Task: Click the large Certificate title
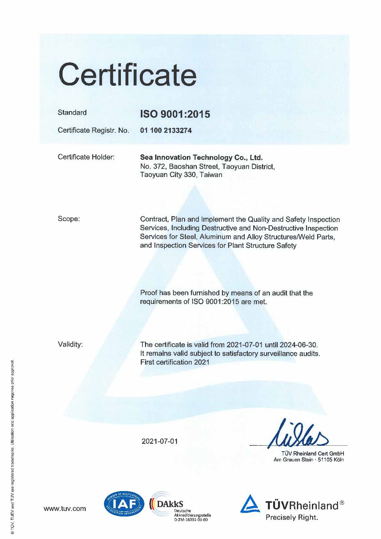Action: tap(127, 74)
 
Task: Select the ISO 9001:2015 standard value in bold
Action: tap(175, 114)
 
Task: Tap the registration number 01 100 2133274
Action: tap(166, 131)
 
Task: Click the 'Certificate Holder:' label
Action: tap(86, 157)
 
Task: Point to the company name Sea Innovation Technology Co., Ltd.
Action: tap(201, 158)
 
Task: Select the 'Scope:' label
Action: tap(68, 219)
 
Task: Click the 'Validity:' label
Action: tap(70, 344)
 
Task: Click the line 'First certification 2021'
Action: tap(174, 362)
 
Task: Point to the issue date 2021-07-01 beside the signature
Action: tap(160, 441)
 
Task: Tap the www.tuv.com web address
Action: tap(65, 509)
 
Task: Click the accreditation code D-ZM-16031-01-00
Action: tap(191, 520)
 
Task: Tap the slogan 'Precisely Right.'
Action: tap(292, 517)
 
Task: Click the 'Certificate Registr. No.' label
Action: tap(93, 130)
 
